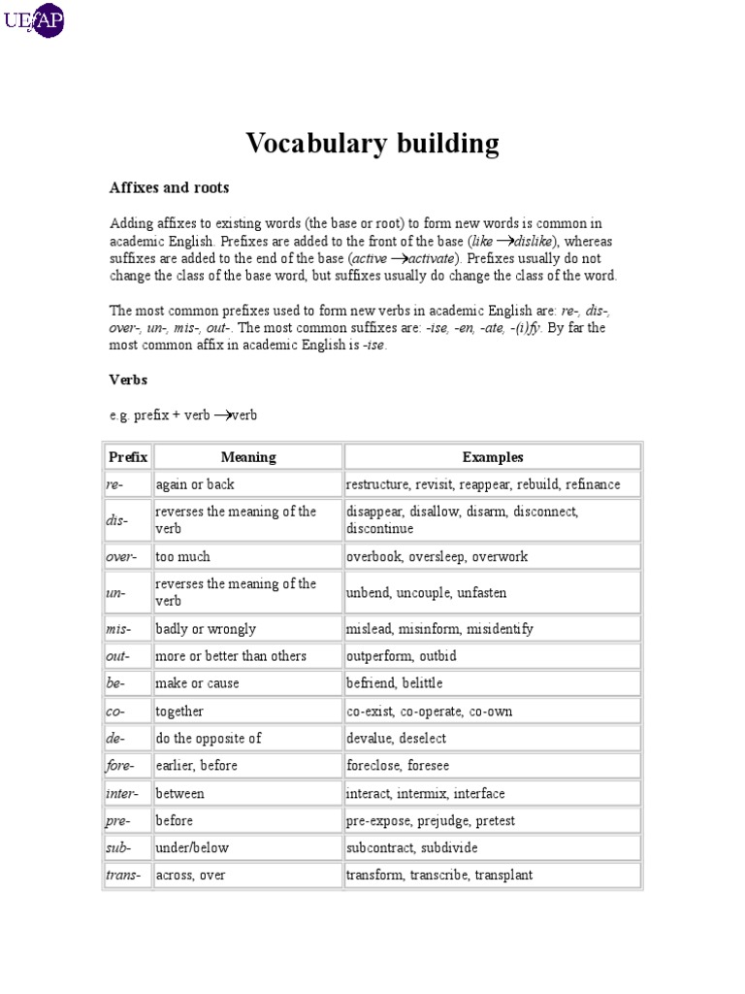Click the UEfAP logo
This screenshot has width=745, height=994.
[35, 19]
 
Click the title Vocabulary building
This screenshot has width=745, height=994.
[372, 144]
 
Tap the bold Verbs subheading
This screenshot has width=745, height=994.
[128, 380]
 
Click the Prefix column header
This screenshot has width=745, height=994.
[128, 457]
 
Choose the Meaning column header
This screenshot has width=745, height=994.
[248, 457]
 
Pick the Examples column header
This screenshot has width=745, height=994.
[493, 457]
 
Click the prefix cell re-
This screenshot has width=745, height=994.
[116, 484]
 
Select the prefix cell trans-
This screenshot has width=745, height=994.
[124, 876]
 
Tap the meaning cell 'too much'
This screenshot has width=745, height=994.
[182, 557]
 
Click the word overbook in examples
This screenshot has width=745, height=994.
[373, 557]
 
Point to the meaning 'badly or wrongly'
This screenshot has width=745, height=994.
[206, 629]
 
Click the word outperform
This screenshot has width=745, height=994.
[379, 656]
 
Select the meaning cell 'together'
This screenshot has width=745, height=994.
[179, 712]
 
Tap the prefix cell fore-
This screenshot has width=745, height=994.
[121, 766]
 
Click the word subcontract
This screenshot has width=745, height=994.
[380, 847]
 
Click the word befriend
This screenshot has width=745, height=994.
[371, 683]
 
